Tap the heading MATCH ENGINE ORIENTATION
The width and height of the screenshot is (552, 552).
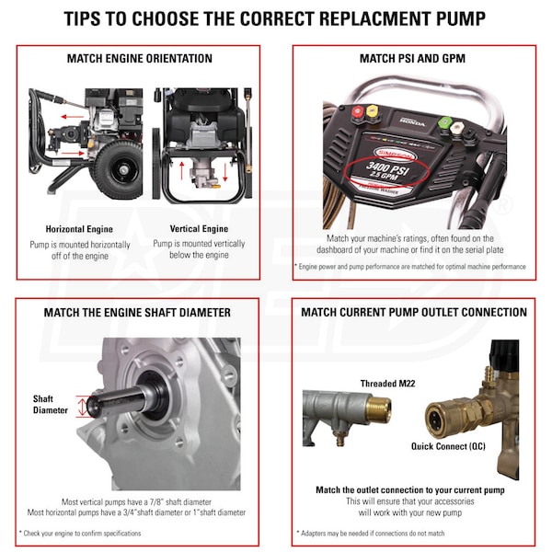tap(140, 59)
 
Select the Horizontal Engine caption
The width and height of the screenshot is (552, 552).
tap(79, 229)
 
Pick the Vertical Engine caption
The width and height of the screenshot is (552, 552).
tap(199, 229)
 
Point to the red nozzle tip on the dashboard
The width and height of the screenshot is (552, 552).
tap(358, 112)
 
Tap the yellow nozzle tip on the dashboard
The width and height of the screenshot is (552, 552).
tap(372, 111)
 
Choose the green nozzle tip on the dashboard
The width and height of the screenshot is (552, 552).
tap(444, 123)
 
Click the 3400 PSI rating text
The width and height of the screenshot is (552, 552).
tap(387, 168)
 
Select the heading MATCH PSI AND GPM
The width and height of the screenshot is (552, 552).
tap(412, 59)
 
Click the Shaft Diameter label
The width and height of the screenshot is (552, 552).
tap(50, 405)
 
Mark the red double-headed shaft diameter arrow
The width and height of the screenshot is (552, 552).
tap(82, 407)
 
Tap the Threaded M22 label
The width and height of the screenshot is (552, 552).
tap(387, 384)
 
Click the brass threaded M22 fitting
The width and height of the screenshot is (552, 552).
tap(379, 408)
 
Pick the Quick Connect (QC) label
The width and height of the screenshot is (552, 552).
tap(448, 446)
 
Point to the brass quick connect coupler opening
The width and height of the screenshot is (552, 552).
tap(435, 420)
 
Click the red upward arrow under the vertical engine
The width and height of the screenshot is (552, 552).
tap(181, 171)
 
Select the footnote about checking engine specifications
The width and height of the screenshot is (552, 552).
tap(80, 534)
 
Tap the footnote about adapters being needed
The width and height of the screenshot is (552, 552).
tap(371, 534)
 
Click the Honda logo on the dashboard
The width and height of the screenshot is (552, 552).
tap(412, 122)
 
